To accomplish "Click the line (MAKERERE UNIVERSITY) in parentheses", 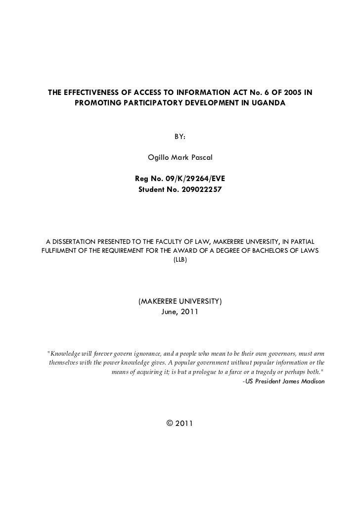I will click(180, 301).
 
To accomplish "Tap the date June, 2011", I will click(180, 312).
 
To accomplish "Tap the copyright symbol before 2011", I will click(170, 423).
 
